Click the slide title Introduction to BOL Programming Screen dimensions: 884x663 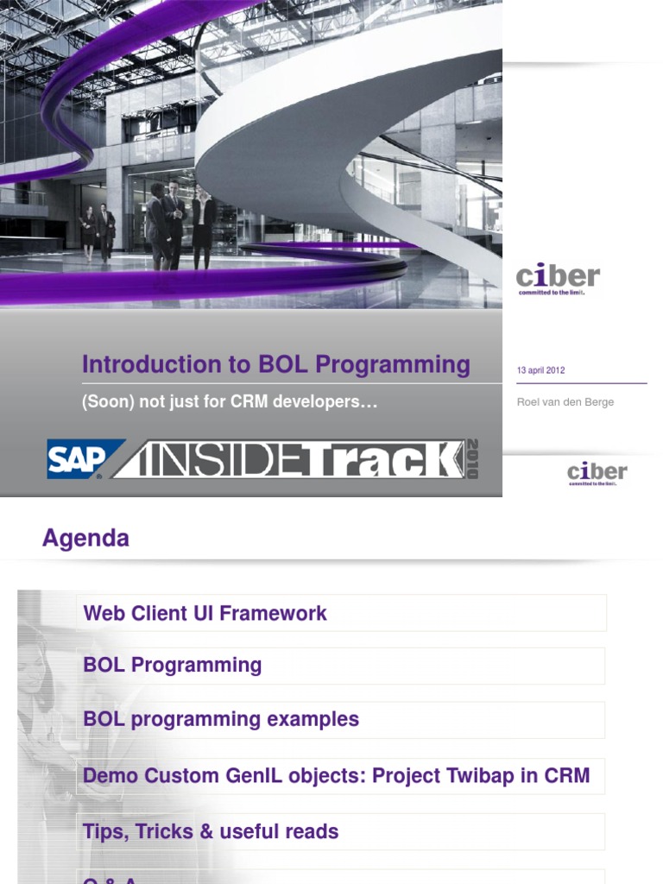pos(275,364)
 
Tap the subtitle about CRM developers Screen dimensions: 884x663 pos(230,402)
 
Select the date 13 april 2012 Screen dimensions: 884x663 pos(540,370)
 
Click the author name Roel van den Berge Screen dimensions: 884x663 pos(565,402)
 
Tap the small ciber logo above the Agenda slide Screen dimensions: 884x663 pos(597,473)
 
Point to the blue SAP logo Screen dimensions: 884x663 pos(76,459)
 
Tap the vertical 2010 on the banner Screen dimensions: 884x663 pos(472,458)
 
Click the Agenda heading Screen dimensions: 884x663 pos(85,539)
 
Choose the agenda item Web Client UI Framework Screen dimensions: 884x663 pos(205,614)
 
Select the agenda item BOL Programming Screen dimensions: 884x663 pos(172,666)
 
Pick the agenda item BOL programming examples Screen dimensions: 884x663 pos(220,719)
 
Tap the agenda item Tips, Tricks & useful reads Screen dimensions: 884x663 pos(210,832)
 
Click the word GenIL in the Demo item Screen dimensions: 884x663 pos(254,775)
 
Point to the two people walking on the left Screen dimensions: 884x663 pos(97,231)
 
